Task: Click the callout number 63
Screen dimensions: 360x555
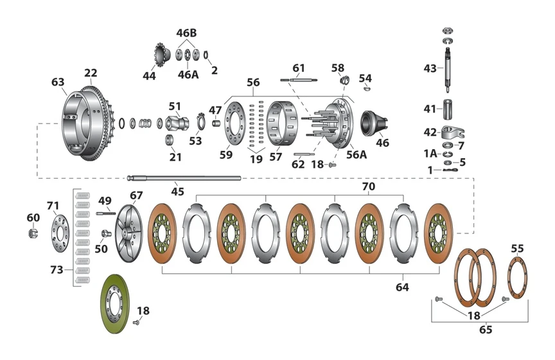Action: coord(58,82)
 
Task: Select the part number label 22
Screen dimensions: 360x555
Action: coord(91,73)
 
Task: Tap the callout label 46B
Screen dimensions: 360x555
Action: coord(187,33)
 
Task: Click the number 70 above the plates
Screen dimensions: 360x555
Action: coord(369,186)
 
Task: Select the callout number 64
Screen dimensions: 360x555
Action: coord(402,287)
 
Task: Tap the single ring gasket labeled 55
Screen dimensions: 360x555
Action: coord(516,276)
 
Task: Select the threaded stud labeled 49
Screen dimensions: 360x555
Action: coord(105,213)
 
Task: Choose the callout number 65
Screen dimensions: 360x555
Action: coord(486,330)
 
